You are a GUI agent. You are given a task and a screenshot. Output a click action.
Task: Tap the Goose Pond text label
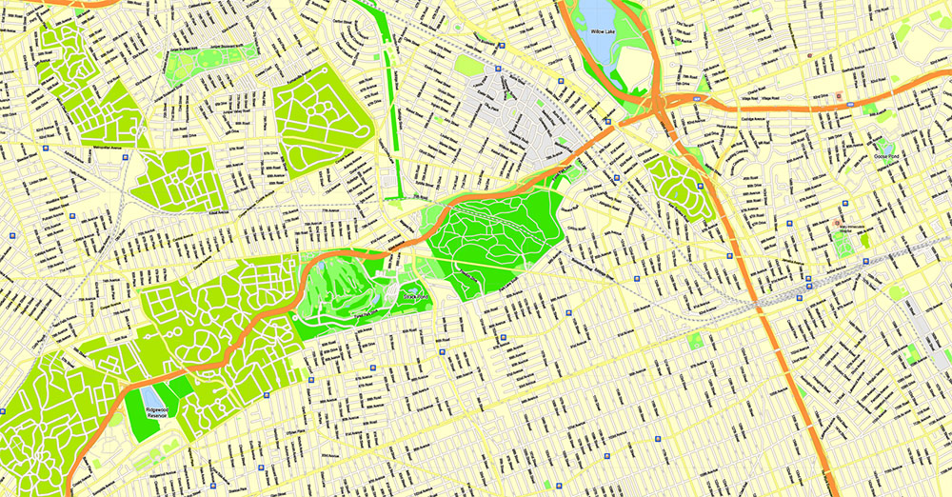(x=887, y=156)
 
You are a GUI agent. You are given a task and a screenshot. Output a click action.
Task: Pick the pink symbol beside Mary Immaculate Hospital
(x=837, y=222)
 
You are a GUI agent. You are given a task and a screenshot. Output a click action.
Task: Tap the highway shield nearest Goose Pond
(x=839, y=96)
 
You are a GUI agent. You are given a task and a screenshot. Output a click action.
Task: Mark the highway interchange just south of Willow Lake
(x=656, y=102)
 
